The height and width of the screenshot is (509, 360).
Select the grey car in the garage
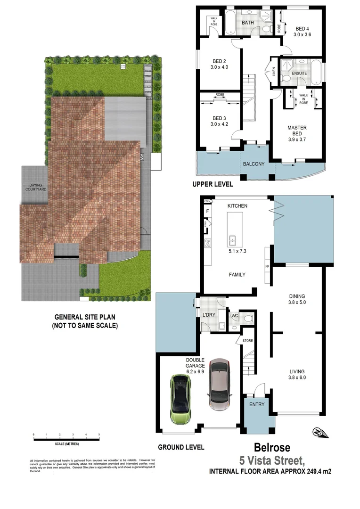[218, 384]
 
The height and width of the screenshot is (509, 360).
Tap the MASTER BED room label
[297, 131]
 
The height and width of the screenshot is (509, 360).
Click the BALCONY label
[254, 164]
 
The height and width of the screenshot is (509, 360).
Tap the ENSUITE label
[299, 74]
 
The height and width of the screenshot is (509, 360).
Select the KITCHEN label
[237, 206]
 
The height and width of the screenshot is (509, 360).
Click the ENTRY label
[257, 404]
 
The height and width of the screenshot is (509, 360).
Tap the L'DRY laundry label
[208, 314]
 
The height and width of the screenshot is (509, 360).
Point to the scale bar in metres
[66, 439]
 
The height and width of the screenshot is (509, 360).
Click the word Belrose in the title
[272, 447]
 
